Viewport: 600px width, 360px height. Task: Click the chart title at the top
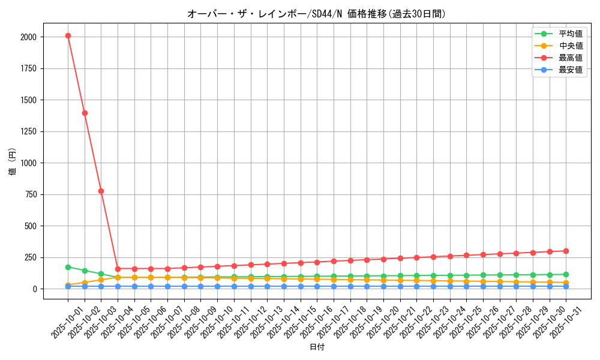[x=317, y=14]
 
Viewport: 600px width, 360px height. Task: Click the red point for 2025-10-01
[x=68, y=36]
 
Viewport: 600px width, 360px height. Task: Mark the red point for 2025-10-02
[x=85, y=113]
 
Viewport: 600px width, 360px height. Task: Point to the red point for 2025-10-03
[x=101, y=191]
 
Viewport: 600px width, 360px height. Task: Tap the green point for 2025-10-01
[x=68, y=267]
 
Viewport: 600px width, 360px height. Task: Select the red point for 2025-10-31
[x=566, y=251]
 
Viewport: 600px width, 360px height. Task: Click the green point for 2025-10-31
[x=566, y=274]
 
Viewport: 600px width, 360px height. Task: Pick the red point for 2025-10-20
[x=383, y=259]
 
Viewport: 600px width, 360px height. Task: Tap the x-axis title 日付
[x=317, y=347]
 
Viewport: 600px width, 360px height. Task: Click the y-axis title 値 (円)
[x=13, y=161]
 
